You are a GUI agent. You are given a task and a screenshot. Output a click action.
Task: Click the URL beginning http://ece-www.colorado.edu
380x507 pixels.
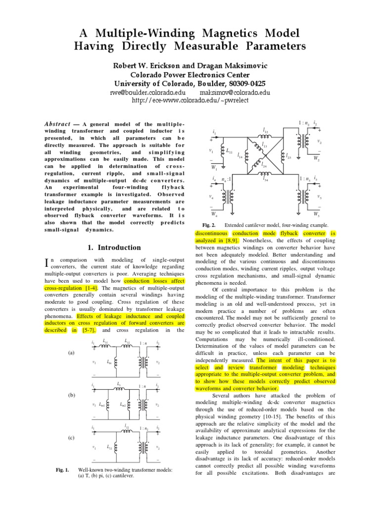pos(190,100)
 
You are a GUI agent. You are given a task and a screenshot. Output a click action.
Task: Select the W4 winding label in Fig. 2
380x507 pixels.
pos(214,214)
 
